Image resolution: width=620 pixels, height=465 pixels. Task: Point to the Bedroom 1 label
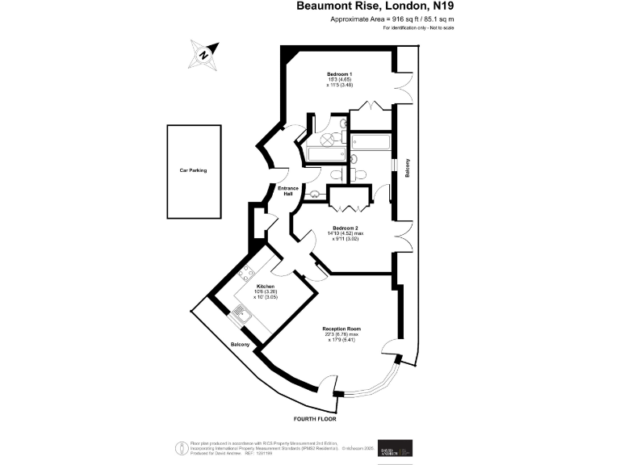tap(339, 74)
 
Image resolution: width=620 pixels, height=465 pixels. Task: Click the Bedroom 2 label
tap(343, 228)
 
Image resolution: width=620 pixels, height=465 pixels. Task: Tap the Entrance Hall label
tap(288, 191)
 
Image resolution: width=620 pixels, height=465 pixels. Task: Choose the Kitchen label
tap(266, 287)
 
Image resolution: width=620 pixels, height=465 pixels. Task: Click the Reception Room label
tap(341, 329)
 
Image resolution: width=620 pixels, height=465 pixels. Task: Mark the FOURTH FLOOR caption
tap(315, 420)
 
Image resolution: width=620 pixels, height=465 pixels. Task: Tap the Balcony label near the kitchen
tap(240, 345)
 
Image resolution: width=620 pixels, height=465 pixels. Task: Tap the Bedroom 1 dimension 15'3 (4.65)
tap(340, 81)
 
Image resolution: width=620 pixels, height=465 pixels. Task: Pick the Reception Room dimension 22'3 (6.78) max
tap(341, 334)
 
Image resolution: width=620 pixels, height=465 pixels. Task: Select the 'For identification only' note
tap(418, 28)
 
